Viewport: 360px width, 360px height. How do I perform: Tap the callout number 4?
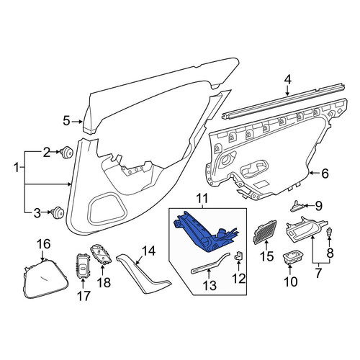[288, 80]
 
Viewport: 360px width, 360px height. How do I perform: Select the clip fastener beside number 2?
[67, 152]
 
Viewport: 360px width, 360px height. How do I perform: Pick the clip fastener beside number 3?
[58, 212]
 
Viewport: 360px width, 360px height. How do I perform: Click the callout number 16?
[45, 244]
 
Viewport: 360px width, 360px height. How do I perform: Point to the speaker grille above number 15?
[265, 232]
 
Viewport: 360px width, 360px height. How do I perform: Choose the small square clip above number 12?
[238, 255]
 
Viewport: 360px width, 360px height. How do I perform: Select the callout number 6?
[325, 174]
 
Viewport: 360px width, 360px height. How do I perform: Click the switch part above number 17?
[83, 266]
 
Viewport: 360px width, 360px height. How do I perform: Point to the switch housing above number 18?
[101, 253]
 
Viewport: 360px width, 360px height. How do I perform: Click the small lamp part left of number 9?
[298, 206]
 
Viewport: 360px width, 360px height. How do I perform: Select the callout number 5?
[66, 121]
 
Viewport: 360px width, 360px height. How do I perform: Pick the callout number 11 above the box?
[202, 199]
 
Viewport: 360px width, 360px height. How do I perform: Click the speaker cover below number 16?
[45, 279]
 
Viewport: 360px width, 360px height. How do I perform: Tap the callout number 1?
[17, 168]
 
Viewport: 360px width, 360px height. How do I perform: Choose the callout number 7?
[318, 274]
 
